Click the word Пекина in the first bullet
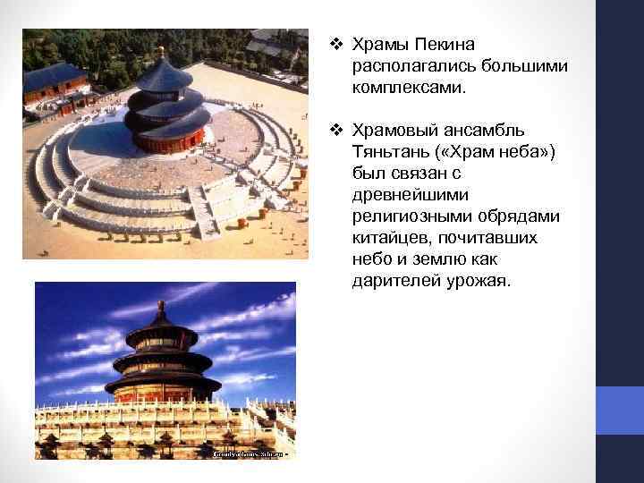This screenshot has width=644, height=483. (443, 45)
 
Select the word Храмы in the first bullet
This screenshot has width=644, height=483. (379, 45)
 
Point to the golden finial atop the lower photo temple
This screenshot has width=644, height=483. (162, 309)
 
